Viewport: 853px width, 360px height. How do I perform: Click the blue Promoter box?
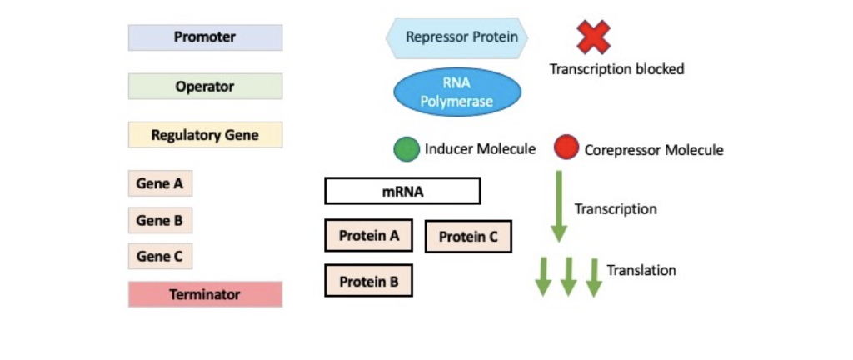[205, 37]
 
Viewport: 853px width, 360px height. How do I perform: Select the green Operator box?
[205, 87]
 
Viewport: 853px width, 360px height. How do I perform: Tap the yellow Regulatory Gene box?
[205, 135]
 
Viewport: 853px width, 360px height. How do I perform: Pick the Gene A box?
[160, 184]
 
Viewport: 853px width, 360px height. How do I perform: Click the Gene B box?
[160, 221]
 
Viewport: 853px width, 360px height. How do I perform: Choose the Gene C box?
[160, 257]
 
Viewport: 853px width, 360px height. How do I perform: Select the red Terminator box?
[205, 294]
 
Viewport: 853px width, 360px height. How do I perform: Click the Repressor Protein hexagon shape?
[456, 37]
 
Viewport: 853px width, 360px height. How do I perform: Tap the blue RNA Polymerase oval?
[456, 92]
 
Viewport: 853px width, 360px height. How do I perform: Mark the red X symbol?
[593, 37]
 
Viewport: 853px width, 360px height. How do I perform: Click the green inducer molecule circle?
[407, 149]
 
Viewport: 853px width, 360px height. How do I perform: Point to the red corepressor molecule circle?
[566, 148]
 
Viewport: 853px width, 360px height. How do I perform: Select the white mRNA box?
[402, 191]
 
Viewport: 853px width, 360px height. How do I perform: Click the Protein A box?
[369, 236]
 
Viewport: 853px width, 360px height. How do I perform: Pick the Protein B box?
[369, 282]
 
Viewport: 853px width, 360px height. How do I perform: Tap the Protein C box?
[468, 237]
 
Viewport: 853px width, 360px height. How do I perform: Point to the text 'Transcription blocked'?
[616, 69]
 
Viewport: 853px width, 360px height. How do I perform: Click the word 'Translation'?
[641, 270]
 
